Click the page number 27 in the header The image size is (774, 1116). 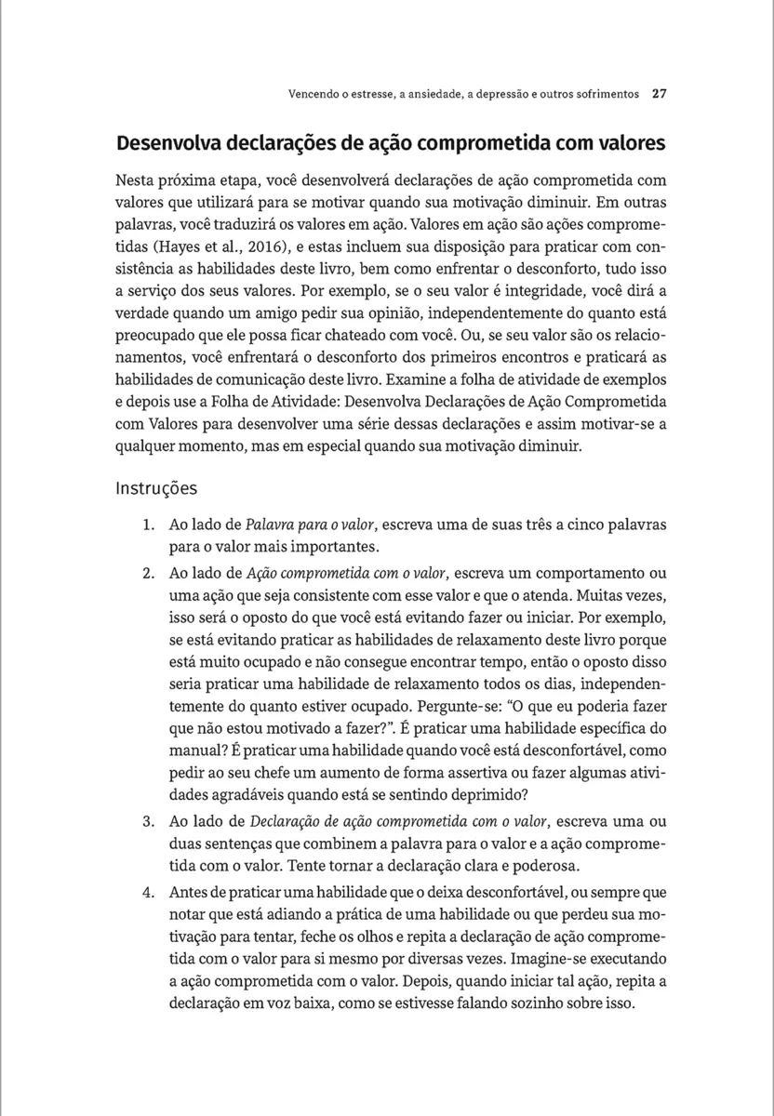pos(659,94)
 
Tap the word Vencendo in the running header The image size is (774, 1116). pos(314,94)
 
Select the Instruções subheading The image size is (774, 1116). pos(156,487)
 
